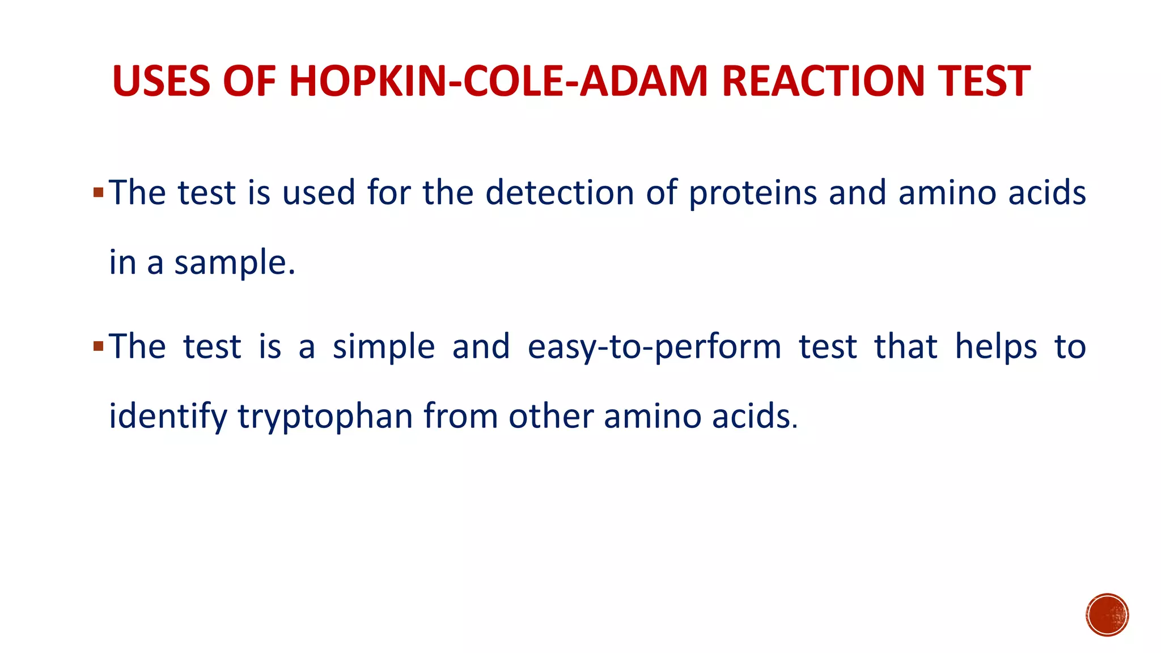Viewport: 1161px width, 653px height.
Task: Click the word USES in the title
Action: click(x=162, y=81)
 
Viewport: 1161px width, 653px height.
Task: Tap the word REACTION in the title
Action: click(x=822, y=81)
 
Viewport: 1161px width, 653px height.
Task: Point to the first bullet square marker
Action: click(x=98, y=193)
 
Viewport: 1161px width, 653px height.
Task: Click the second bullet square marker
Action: click(x=98, y=346)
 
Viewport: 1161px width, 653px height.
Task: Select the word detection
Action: click(x=560, y=193)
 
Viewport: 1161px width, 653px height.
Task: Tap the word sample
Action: click(x=234, y=263)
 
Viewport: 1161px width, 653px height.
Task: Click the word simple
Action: click(x=383, y=347)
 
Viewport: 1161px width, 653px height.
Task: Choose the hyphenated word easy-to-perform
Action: click(x=654, y=347)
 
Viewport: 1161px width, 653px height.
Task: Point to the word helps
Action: click(x=996, y=347)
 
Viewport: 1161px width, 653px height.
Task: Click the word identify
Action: click(x=167, y=417)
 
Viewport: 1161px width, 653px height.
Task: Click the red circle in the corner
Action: click(x=1107, y=615)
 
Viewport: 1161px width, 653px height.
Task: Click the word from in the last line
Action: click(x=460, y=415)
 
